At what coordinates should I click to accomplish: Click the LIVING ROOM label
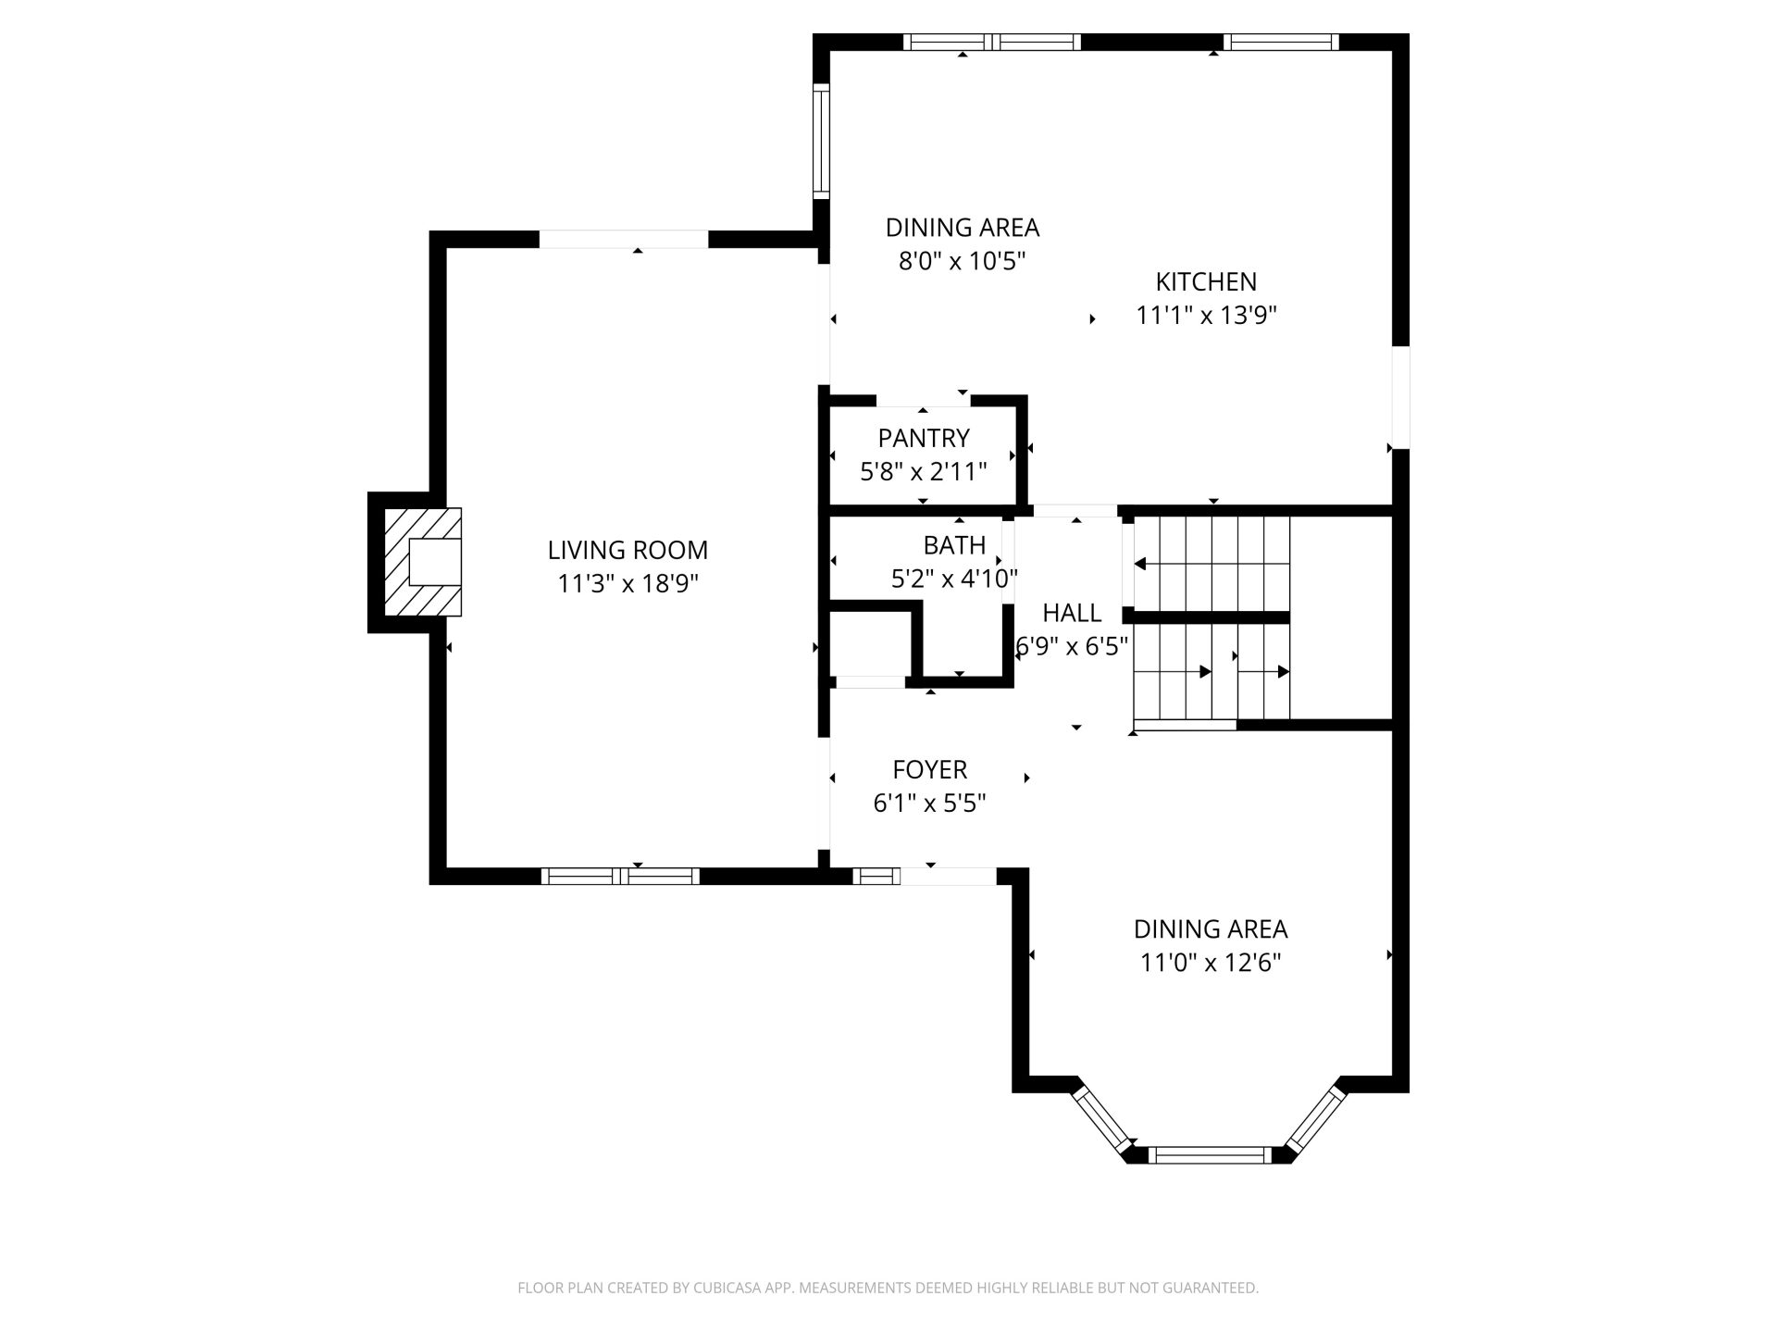(x=628, y=550)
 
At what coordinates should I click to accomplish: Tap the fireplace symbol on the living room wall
(x=423, y=562)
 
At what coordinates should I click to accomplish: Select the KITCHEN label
(x=1206, y=281)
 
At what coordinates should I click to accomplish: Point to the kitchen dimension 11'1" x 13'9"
(x=1207, y=316)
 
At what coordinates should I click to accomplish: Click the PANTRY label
(x=924, y=438)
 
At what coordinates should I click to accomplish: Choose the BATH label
(x=954, y=544)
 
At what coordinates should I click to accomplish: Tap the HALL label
(x=1072, y=613)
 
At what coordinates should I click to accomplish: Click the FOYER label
(x=929, y=769)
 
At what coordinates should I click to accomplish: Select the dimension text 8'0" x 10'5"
(x=963, y=261)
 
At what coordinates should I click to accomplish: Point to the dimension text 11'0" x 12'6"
(x=1211, y=963)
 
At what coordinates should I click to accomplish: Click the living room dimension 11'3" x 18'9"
(x=628, y=584)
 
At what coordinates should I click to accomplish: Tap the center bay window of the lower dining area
(x=1211, y=1154)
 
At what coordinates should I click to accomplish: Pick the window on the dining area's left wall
(x=821, y=141)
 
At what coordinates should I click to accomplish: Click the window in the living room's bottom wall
(x=620, y=876)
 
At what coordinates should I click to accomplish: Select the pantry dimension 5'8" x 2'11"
(x=924, y=472)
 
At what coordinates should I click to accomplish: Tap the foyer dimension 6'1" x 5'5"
(x=929, y=804)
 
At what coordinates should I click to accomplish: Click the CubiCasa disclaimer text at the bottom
(x=888, y=1288)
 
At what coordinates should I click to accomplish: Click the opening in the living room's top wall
(x=624, y=239)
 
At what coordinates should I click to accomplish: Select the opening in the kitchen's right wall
(x=1401, y=398)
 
